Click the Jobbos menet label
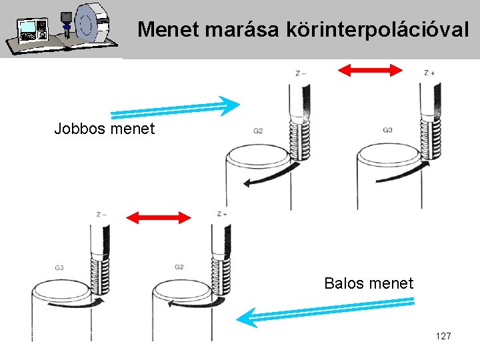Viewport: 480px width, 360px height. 104,128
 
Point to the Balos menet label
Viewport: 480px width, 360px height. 369,283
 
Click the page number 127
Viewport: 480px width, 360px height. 443,336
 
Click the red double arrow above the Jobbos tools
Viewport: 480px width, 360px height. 371,70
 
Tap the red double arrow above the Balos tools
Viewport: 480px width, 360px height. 159,217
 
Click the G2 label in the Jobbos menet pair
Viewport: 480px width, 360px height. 258,131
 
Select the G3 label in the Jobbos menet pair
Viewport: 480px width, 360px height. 387,130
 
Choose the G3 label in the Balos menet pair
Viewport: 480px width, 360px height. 59,268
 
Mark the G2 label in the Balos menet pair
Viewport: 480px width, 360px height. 179,267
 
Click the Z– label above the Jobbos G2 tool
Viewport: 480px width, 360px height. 301,73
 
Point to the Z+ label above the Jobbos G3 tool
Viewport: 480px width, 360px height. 429,73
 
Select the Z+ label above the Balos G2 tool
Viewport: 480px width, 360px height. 222,214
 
